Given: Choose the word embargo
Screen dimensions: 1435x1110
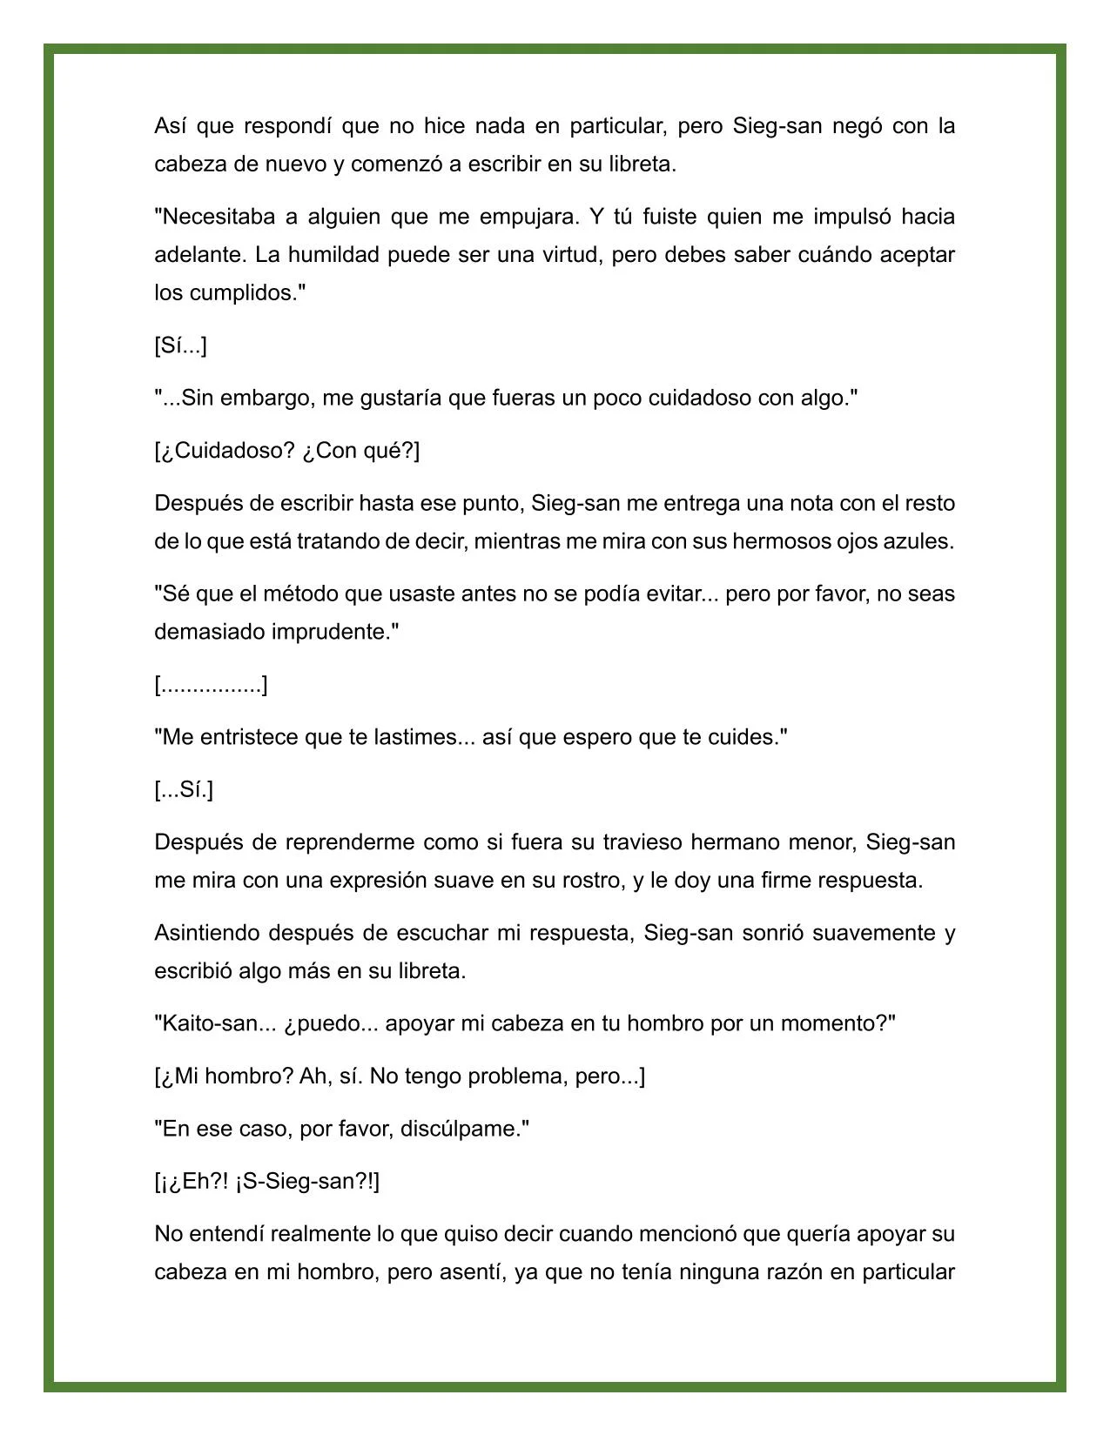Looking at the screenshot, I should (266, 399).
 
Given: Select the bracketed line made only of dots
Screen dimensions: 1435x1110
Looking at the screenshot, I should (211, 686).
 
